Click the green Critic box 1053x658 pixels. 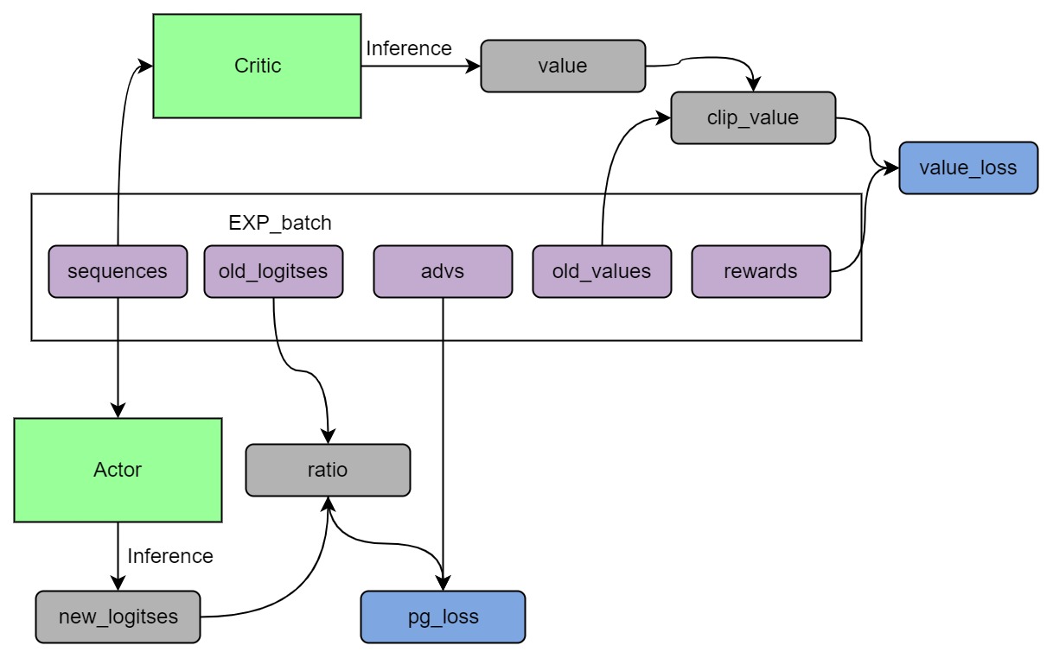coord(257,66)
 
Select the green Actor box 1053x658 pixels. coord(118,470)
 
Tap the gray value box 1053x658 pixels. coord(563,66)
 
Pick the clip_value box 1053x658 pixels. coord(753,117)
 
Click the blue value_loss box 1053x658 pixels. coord(968,168)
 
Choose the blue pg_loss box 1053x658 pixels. coord(443,617)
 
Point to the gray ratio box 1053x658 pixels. coord(328,470)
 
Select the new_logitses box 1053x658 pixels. coord(118,617)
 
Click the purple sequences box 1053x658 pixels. coord(118,271)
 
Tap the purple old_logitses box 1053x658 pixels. coord(273,271)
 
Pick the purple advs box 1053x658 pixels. coord(443,271)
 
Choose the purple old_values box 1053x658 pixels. coord(602,271)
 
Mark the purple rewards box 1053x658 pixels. coord(761,271)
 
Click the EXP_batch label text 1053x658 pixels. coord(279,223)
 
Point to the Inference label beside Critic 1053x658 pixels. coord(409,48)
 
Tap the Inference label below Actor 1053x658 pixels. coord(170,556)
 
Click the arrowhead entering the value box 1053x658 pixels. coord(474,66)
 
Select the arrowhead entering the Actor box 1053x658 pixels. coord(118,411)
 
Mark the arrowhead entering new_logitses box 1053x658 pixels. coord(118,584)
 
